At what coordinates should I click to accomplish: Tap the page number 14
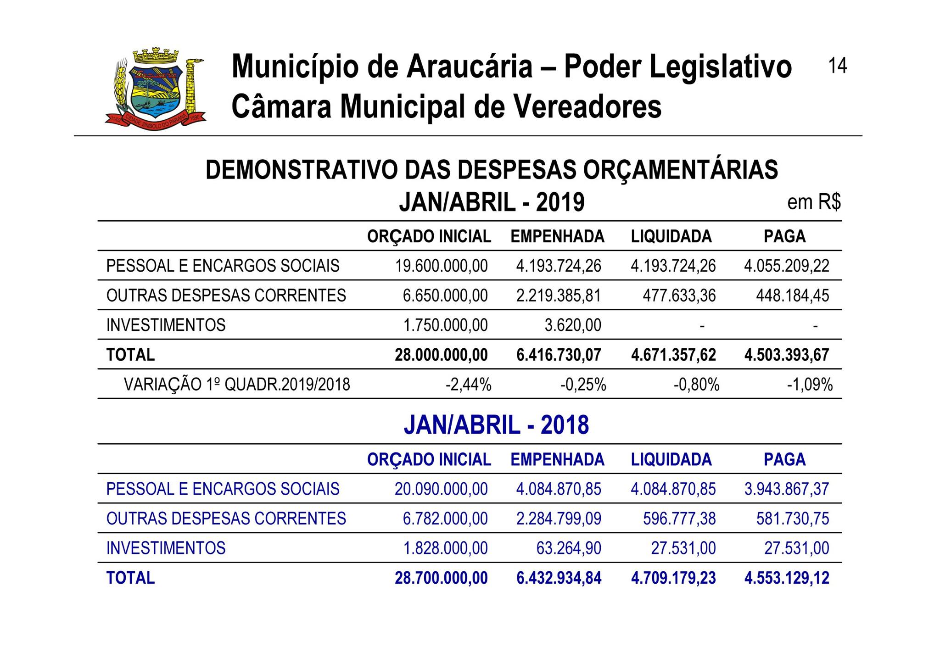point(837,66)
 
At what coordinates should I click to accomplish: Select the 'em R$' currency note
point(814,202)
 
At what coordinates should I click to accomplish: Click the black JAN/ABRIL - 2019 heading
point(492,202)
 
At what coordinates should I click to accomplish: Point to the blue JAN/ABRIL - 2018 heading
point(496,425)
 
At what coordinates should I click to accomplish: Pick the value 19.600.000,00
point(442,266)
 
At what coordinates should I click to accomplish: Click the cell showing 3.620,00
point(572,325)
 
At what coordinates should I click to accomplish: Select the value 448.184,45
point(792,296)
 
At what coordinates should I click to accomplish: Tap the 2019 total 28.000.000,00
point(441,355)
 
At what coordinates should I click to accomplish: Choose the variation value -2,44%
point(468,385)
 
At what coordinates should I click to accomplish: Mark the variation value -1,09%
point(810,385)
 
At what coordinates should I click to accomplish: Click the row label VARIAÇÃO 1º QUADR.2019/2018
point(237,385)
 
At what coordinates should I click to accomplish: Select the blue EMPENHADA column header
point(557,460)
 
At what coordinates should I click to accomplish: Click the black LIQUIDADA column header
point(671,237)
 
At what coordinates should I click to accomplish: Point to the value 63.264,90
point(569,548)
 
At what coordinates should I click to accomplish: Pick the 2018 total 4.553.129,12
point(787,578)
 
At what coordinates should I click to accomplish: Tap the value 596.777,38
point(679,519)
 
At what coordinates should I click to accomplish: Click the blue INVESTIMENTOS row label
point(166,548)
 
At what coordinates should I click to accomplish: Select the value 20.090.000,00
point(441,489)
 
